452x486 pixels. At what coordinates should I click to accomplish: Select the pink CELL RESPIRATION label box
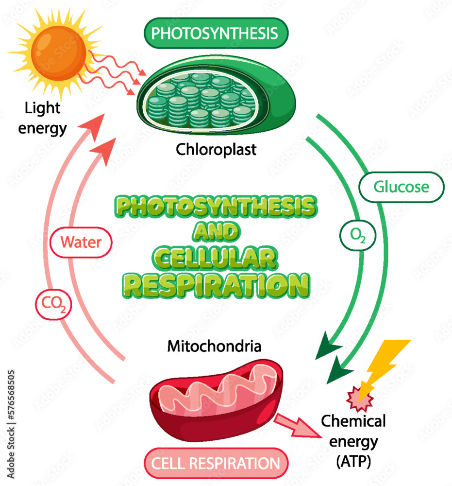(x=216, y=463)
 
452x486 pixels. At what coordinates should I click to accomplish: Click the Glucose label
(x=401, y=187)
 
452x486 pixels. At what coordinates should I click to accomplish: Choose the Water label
(x=81, y=242)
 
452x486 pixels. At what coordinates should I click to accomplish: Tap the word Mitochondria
(x=214, y=347)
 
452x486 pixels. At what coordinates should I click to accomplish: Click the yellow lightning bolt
(x=384, y=364)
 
